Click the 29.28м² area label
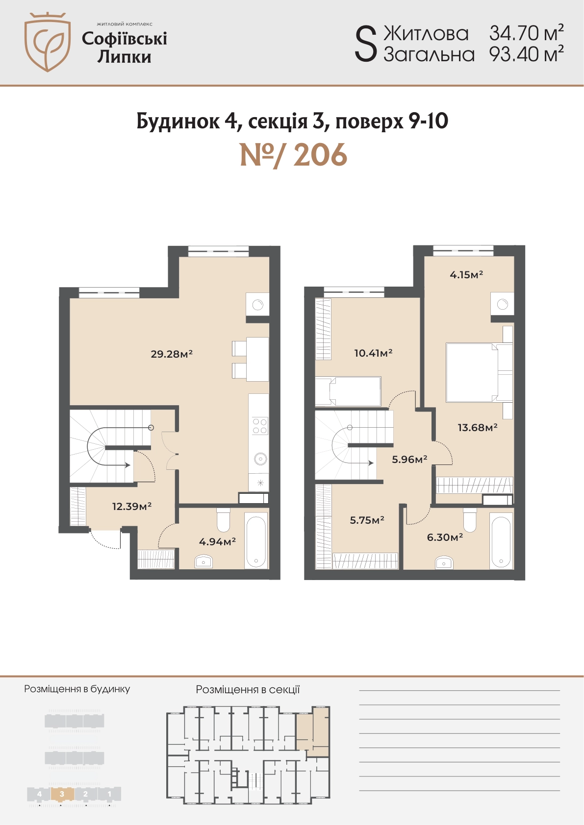(x=172, y=354)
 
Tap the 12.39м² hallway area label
(x=132, y=506)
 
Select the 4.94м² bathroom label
(x=217, y=541)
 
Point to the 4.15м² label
(x=466, y=274)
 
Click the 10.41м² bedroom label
(x=373, y=353)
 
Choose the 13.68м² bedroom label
(x=478, y=428)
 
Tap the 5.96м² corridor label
(x=409, y=459)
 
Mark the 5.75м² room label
(x=367, y=520)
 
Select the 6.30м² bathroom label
(x=445, y=537)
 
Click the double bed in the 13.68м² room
(x=479, y=372)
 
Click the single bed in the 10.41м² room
(x=348, y=391)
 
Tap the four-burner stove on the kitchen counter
(x=260, y=426)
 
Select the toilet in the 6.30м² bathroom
(x=470, y=520)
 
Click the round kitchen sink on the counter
(x=260, y=459)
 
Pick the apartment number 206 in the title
(x=320, y=155)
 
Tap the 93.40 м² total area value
(x=526, y=54)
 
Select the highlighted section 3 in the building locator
(x=62, y=794)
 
